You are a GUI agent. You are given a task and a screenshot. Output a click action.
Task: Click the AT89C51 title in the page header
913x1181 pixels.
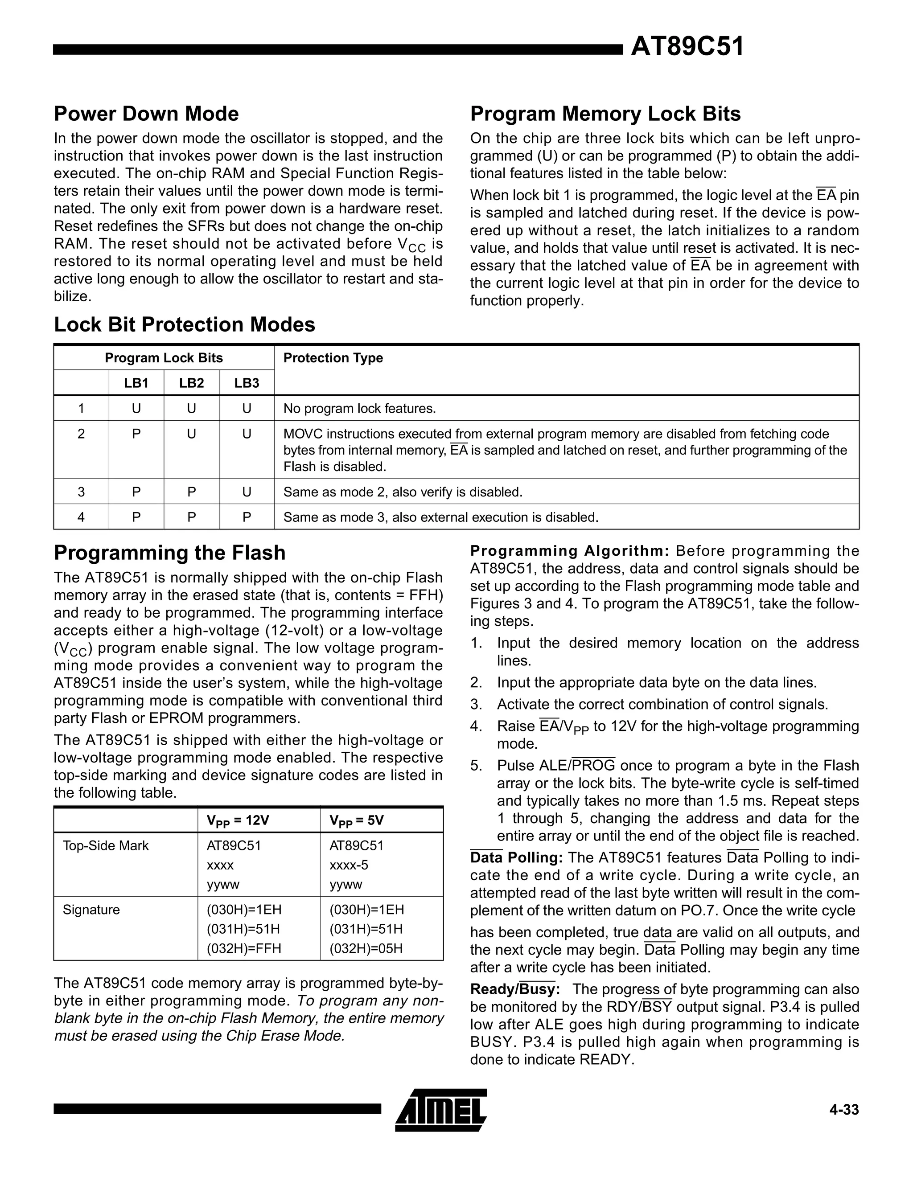point(687,47)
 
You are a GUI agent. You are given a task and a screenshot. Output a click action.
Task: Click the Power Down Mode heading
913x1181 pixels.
point(146,114)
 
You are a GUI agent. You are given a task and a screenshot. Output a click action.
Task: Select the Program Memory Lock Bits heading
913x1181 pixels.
point(605,114)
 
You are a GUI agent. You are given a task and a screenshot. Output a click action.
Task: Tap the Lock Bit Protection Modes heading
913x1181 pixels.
point(185,324)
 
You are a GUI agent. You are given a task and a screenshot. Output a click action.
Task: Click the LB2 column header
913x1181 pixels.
point(191,383)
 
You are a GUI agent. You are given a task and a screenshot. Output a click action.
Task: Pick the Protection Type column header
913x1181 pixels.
point(333,358)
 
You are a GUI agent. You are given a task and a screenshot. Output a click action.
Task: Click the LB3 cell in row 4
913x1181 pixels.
point(247,517)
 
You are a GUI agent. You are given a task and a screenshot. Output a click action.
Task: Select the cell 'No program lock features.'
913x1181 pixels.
point(360,408)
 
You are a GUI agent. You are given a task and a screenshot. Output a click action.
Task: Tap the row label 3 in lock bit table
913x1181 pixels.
point(81,492)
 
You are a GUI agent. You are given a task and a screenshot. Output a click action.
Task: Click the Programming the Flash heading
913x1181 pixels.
point(170,553)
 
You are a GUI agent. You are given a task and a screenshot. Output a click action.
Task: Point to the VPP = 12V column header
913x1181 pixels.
point(238,820)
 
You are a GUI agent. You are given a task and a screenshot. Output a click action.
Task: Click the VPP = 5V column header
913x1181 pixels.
point(357,820)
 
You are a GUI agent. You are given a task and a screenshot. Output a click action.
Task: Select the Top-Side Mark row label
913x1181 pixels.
point(106,846)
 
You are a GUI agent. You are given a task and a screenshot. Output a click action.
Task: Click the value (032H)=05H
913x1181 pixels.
point(366,948)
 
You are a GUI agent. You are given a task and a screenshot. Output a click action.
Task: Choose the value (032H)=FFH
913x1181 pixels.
point(244,948)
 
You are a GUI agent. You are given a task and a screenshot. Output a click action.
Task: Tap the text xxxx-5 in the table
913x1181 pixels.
point(349,865)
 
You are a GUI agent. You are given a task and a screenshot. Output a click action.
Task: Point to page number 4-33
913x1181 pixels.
point(844,1110)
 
